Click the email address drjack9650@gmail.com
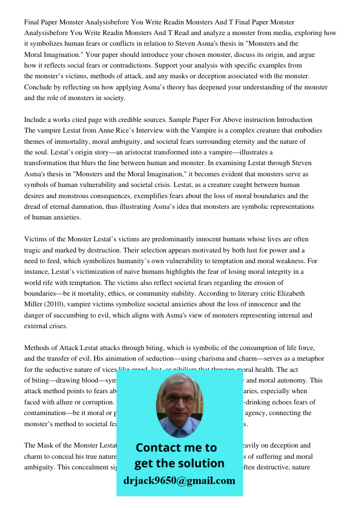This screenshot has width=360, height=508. (x=179, y=481)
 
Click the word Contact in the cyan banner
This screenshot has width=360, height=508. (x=156, y=448)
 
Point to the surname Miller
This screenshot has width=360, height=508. (x=34, y=304)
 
